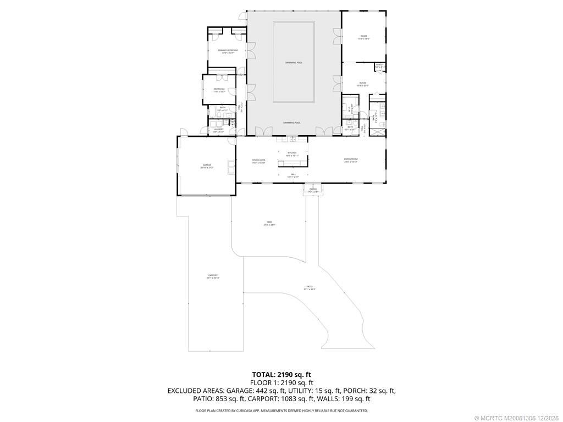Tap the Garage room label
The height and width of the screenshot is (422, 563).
tap(207, 165)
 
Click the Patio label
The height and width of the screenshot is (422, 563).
tap(310, 287)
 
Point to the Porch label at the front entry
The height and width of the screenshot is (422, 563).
tap(313, 190)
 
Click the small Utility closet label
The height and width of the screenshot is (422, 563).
tap(379, 65)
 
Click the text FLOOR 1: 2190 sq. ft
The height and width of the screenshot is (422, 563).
tap(281, 382)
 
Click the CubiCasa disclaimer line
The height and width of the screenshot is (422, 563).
tap(281, 410)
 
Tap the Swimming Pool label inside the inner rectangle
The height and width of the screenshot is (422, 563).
tap(294, 63)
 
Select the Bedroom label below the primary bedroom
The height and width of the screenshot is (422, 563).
tap(219, 90)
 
